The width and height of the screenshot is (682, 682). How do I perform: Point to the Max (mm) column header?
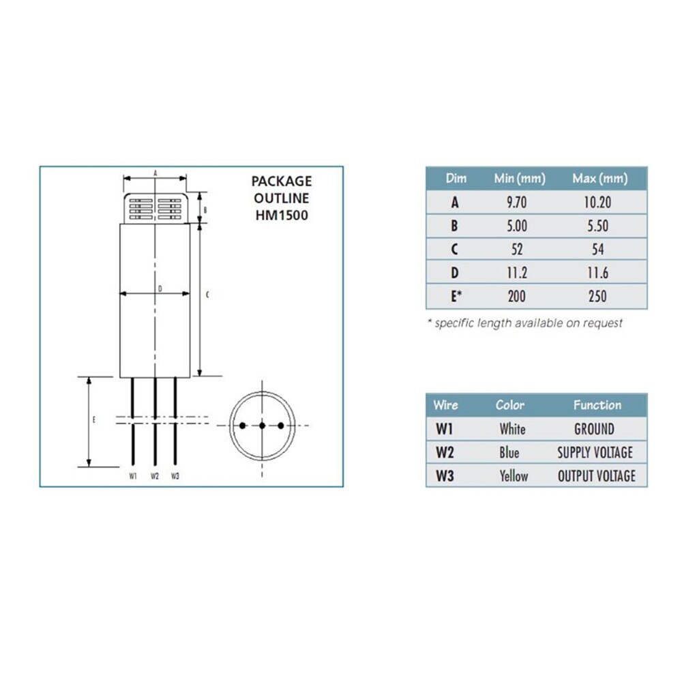[599, 179]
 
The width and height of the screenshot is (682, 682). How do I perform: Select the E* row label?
[456, 297]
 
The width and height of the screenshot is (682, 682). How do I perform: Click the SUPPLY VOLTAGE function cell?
[595, 452]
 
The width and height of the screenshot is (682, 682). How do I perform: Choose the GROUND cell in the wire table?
[594, 429]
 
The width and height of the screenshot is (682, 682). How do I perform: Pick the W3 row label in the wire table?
[445, 475]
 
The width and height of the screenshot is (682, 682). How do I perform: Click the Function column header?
[597, 405]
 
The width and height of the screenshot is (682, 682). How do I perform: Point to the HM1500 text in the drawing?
[282, 215]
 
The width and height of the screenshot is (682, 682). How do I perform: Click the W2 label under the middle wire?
[155, 476]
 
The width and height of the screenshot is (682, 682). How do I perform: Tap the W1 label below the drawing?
[133, 476]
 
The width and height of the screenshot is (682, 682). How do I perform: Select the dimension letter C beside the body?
[207, 295]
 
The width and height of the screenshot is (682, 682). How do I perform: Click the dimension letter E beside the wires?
[94, 419]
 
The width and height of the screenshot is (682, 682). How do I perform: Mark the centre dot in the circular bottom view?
[262, 426]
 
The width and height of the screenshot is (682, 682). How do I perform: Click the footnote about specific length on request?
[524, 323]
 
